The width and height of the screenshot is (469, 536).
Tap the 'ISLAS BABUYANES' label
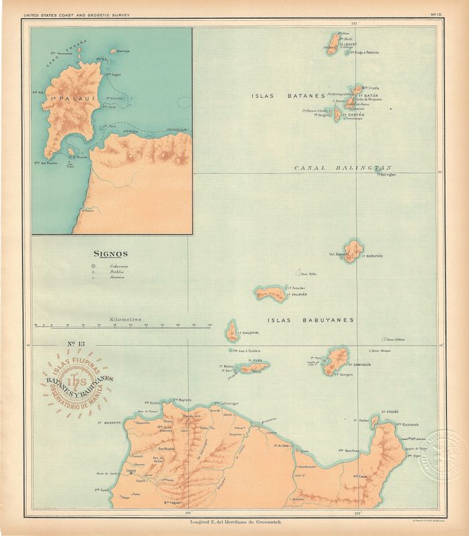click(x=310, y=320)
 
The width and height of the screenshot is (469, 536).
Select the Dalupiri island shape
click(x=232, y=330)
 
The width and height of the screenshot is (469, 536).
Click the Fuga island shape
click(x=255, y=366)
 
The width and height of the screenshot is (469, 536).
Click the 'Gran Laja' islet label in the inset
click(x=123, y=50)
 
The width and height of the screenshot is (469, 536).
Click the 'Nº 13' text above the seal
click(x=78, y=345)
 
